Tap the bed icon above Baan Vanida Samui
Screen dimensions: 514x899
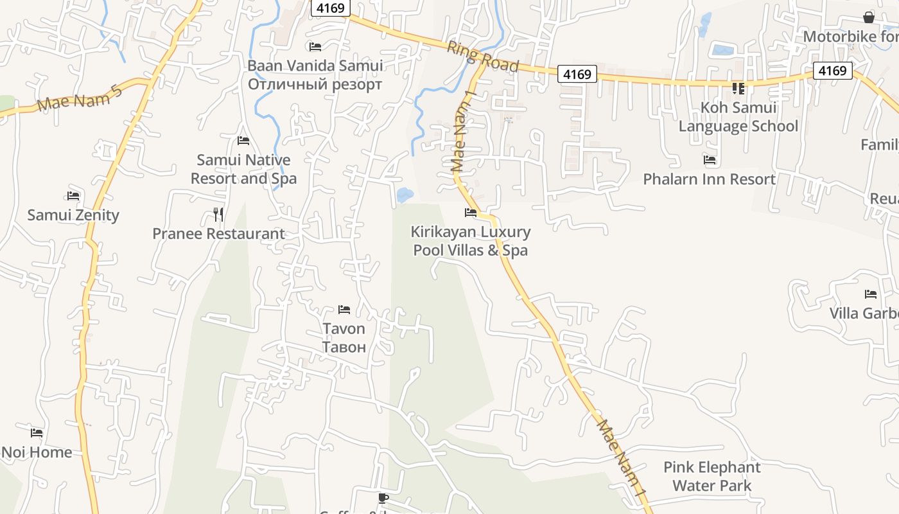click(315, 46)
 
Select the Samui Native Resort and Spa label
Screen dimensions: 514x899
click(243, 169)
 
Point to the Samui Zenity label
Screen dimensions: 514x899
click(73, 215)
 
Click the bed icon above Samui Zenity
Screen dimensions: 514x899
click(73, 196)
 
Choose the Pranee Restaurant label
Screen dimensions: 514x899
click(218, 233)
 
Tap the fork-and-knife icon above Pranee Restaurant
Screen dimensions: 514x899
click(218, 214)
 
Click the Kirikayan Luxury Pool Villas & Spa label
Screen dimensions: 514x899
click(471, 241)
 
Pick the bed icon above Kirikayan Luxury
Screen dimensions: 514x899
click(471, 213)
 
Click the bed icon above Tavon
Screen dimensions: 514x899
click(344, 310)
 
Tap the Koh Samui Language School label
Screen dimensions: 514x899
click(738, 117)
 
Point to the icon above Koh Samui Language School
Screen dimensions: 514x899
click(738, 88)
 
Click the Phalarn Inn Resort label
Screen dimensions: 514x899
click(710, 179)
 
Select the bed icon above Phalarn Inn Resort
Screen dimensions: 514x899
click(710, 160)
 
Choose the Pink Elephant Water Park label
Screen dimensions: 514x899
click(711, 476)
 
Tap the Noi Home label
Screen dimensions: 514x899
click(37, 452)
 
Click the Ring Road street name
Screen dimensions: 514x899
click(483, 57)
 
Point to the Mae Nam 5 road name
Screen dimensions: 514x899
click(80, 97)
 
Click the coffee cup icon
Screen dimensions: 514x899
click(383, 498)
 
